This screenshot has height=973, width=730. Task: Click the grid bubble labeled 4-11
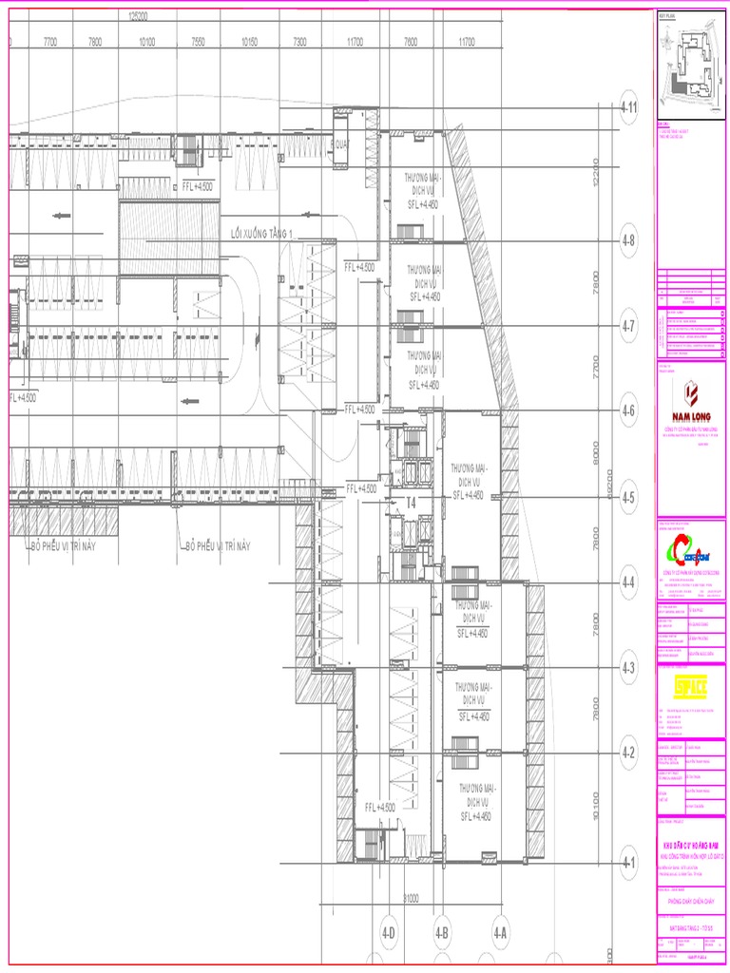point(628,107)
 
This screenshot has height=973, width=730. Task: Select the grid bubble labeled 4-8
point(628,240)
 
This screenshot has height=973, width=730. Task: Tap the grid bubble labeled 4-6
point(628,411)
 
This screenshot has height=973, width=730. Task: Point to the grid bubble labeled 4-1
point(628,864)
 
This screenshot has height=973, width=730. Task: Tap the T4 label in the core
point(412,502)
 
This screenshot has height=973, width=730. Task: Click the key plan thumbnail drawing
point(690,67)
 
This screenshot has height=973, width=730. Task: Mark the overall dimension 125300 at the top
point(139,16)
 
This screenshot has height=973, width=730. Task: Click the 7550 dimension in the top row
point(199,42)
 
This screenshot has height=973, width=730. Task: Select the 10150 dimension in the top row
point(250,42)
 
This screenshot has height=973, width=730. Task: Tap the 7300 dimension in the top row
point(300,42)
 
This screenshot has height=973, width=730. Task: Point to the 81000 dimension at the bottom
point(412,897)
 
